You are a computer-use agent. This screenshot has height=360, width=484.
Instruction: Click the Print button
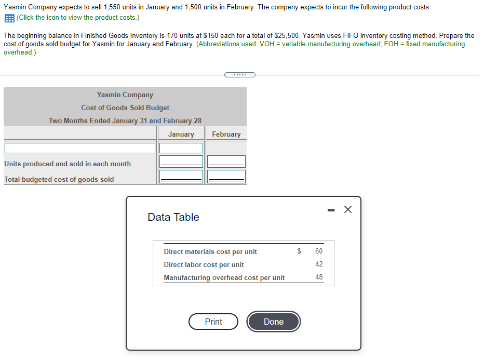(213, 322)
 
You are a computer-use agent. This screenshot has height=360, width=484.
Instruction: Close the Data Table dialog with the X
(348, 209)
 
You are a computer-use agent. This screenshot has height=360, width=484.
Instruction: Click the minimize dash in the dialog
(330, 209)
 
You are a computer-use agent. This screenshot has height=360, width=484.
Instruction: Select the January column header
(181, 134)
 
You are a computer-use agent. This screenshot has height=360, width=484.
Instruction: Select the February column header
(226, 134)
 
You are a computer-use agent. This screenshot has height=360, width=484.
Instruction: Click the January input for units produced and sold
(181, 161)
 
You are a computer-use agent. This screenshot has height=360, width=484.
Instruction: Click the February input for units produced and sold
(226, 161)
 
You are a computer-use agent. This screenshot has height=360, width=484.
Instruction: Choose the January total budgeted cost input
(181, 177)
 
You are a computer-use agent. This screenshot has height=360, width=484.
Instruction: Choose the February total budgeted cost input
(226, 177)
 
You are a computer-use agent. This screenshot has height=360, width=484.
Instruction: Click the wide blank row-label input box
(79, 148)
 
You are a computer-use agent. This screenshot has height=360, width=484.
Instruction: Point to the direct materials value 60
(319, 251)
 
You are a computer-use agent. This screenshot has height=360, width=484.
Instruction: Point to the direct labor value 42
(319, 264)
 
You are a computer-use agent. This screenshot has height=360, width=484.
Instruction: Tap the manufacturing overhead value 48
(319, 277)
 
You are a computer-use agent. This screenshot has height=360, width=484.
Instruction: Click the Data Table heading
(173, 217)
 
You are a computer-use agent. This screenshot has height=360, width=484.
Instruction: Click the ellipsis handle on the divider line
(240, 75)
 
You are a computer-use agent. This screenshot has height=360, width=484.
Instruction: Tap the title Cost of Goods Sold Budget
(125, 108)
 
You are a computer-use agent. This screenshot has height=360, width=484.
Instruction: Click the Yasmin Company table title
(125, 95)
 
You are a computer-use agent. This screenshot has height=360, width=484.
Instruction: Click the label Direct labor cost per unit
(204, 264)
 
